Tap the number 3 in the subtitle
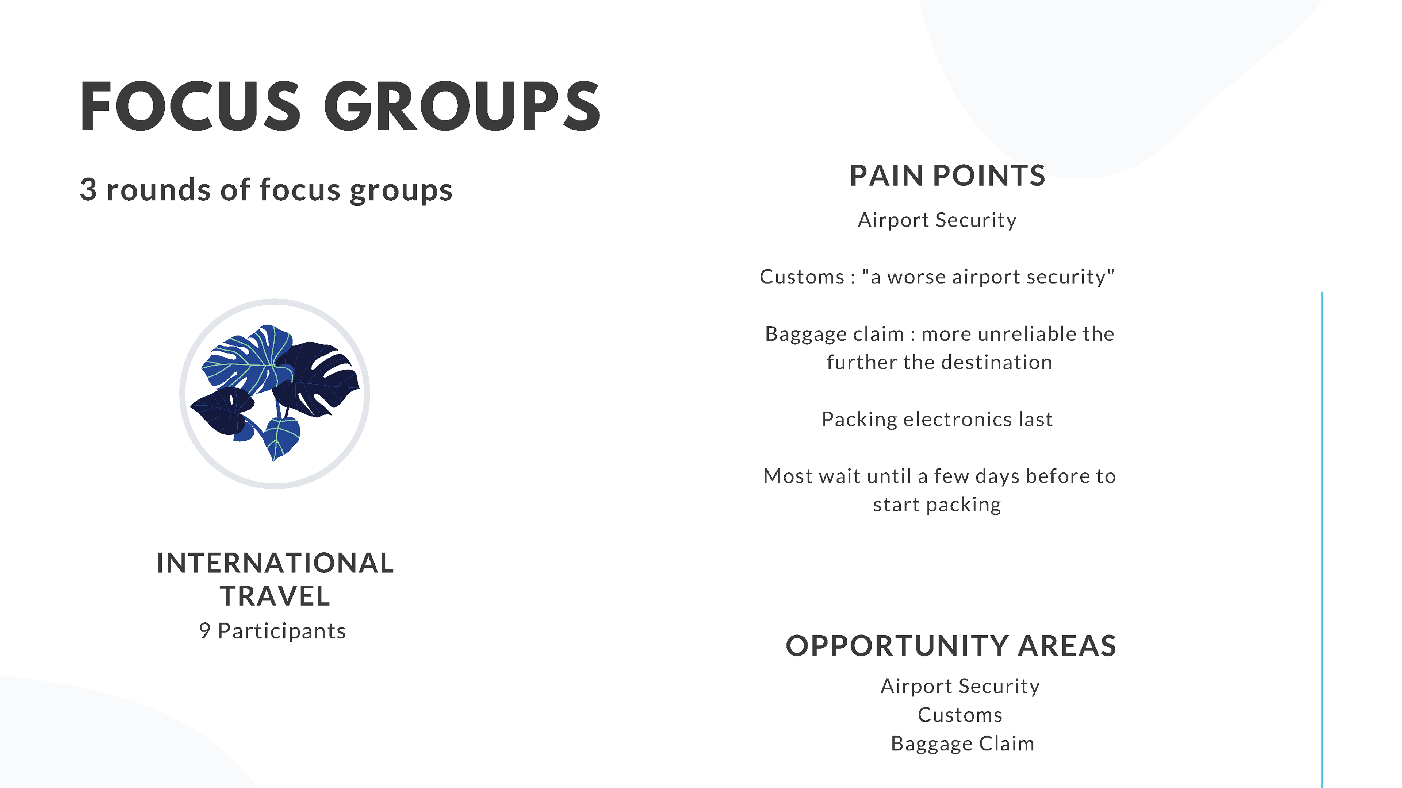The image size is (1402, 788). [88, 190]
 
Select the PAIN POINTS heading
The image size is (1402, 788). [947, 175]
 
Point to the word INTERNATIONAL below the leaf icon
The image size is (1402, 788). [275, 563]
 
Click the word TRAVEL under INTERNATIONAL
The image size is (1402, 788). [275, 596]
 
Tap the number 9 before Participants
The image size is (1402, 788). [204, 631]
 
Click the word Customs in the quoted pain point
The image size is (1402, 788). [802, 277]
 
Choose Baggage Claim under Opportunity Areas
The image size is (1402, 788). [962, 743]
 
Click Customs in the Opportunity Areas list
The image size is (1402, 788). [960, 715]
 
